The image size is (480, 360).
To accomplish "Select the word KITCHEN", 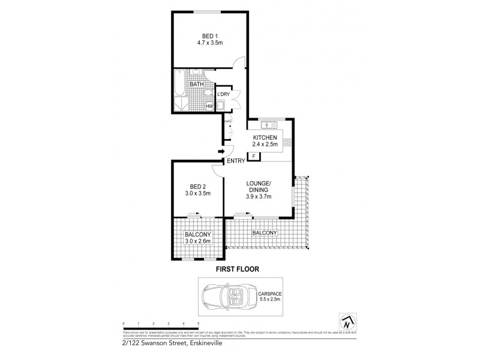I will click(x=264, y=137).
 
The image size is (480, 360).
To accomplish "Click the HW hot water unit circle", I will click(x=210, y=107).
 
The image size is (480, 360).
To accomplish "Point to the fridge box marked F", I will click(x=254, y=156).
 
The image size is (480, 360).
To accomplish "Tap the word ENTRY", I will click(x=235, y=161).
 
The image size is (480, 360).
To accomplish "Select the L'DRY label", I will click(x=223, y=95).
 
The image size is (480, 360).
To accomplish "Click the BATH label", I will click(x=196, y=85).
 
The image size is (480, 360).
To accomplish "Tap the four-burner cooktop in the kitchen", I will click(x=287, y=143).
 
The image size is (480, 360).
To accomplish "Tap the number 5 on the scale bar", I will click(x=198, y=323).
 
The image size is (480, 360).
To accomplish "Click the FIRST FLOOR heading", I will click(x=238, y=269).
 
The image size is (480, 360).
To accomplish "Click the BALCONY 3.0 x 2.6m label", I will click(x=197, y=238).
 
